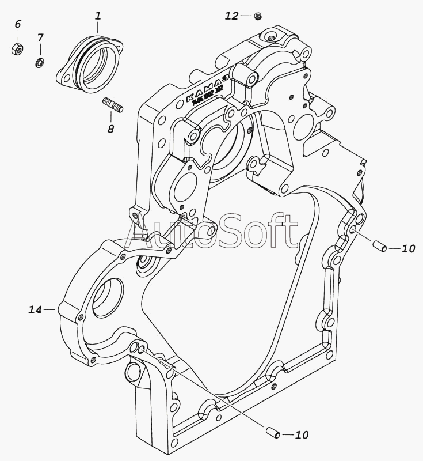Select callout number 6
pos(17,24)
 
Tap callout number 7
pos(40,38)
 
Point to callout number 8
pos(110,129)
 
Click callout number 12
pos(231,16)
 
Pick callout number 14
pos(35,310)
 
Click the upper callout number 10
pos(407,249)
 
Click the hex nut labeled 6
pos(17,48)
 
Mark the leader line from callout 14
pos(51,310)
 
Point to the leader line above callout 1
pos(98,25)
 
